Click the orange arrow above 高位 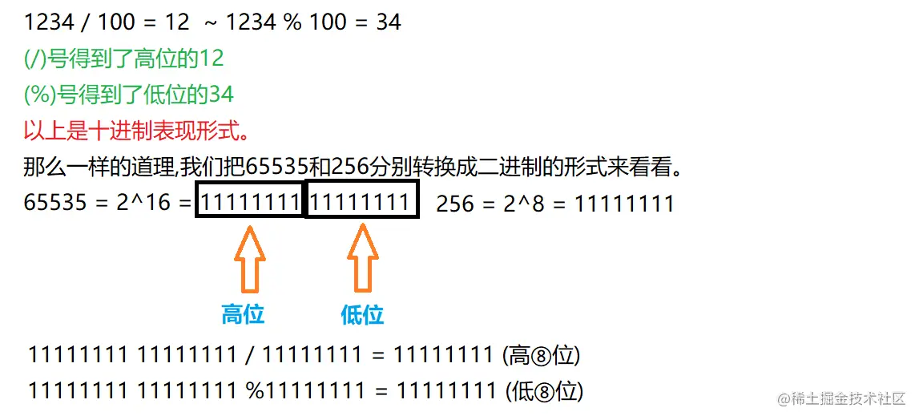[249, 258]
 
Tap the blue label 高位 [243, 314]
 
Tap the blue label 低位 [362, 314]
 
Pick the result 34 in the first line [389, 22]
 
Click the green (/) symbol [36, 58]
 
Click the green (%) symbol [39, 95]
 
